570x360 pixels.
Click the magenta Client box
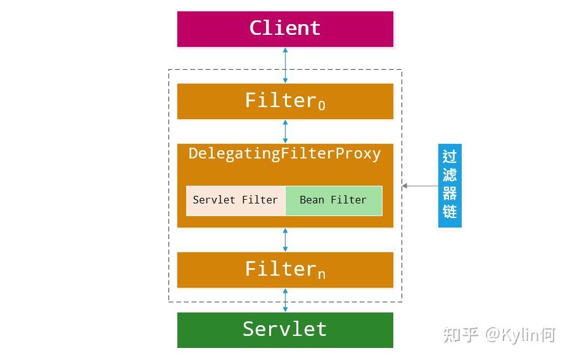click(x=285, y=29)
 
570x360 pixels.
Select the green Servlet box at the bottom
click(x=285, y=330)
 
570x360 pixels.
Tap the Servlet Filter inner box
click(x=236, y=200)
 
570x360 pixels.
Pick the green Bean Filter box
click(x=334, y=200)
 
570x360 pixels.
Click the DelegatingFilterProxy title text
click(x=285, y=154)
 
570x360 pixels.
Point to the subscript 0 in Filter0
click(x=322, y=106)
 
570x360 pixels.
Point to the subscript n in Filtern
click(x=322, y=275)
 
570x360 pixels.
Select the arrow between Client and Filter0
click(x=285, y=65)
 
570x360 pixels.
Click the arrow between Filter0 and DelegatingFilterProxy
click(x=285, y=131)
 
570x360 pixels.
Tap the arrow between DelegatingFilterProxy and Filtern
click(x=285, y=240)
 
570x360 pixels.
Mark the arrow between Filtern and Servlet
click(x=285, y=300)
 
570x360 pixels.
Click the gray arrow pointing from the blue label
click(x=420, y=186)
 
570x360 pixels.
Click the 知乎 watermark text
click(x=460, y=334)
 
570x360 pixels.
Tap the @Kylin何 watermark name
click(x=520, y=334)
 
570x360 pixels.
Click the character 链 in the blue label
click(x=450, y=212)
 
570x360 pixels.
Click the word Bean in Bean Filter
click(x=312, y=200)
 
